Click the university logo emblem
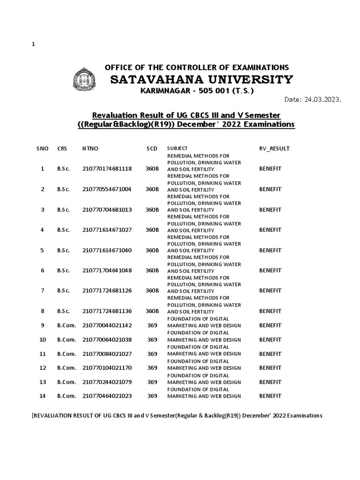pos(85,79)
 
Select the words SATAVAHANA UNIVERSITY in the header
pos(202,80)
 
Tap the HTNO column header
pos(90,149)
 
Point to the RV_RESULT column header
pos(274,149)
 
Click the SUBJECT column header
pos(177,148)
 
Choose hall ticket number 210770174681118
pos(107,169)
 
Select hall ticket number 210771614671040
pos(107,250)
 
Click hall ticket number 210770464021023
pos(107,396)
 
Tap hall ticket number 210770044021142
pos(107,325)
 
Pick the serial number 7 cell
pos(43,291)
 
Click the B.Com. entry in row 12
pos(67,368)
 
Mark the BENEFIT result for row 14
pos(270,396)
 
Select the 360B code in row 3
pos(152,210)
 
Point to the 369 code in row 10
pos(152,339)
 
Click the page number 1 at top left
pos(33,44)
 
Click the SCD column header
pos(151,149)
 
